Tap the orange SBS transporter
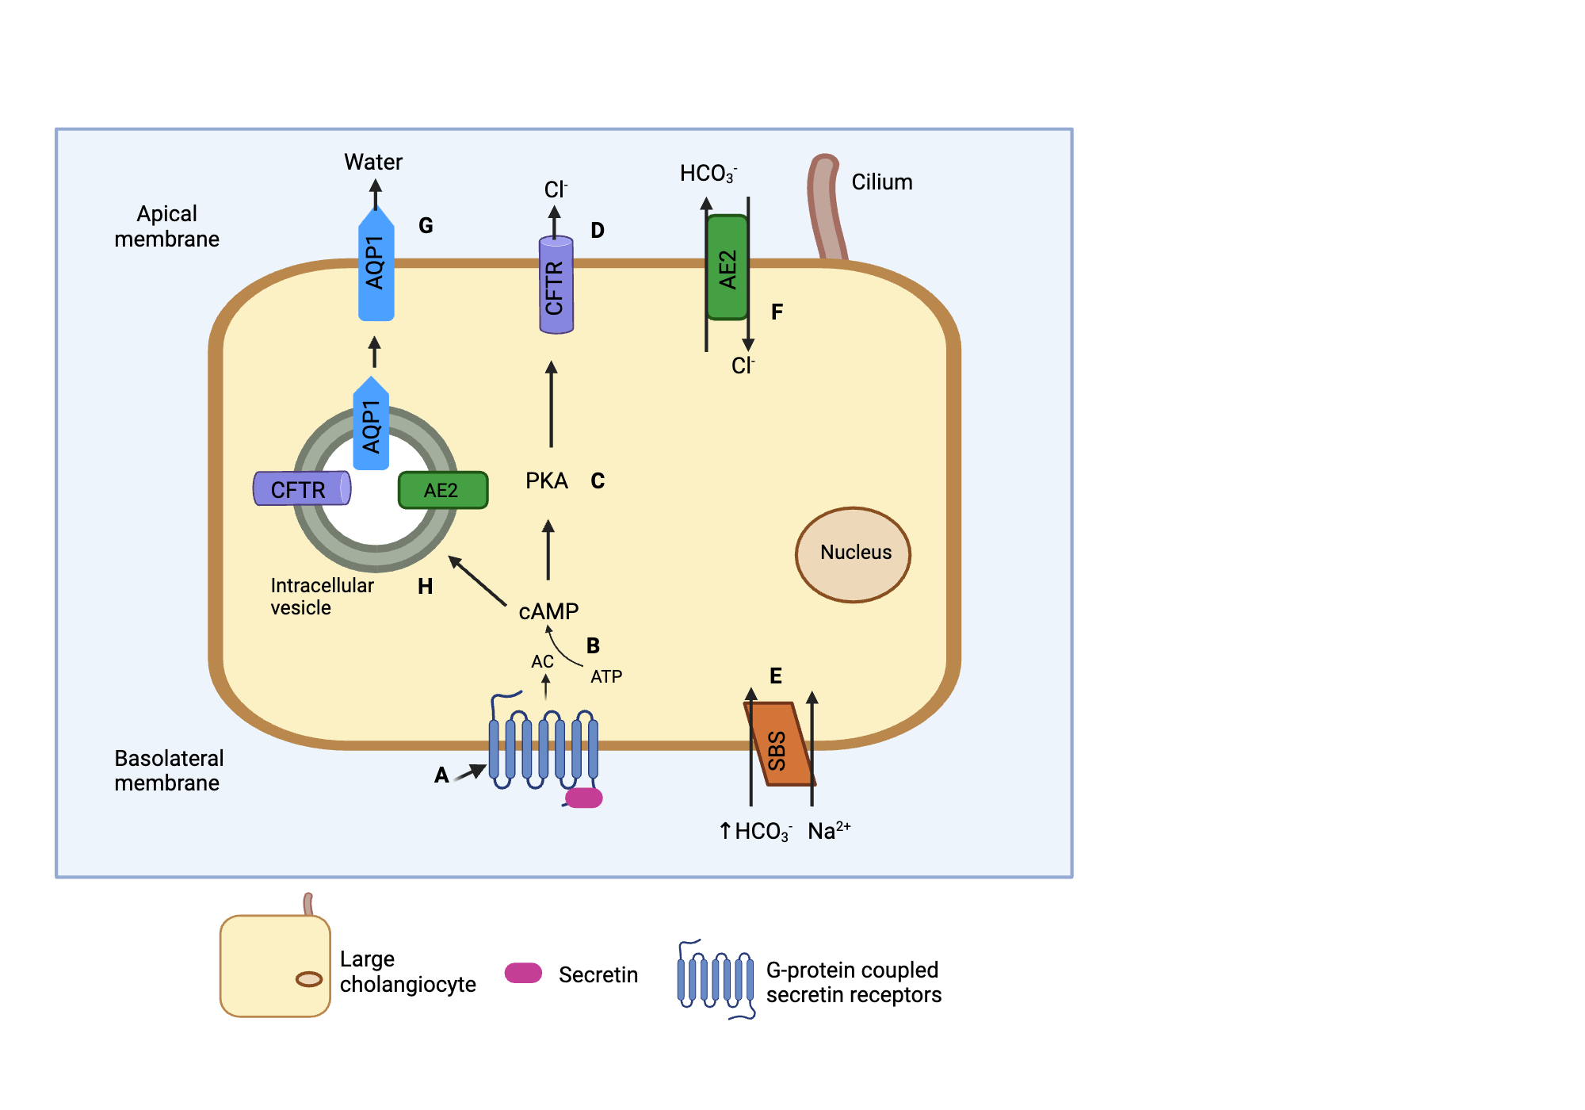point(779,745)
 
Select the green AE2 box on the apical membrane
point(728,268)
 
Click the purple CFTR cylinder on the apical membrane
point(556,285)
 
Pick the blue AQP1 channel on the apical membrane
point(376,266)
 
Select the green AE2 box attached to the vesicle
point(442,490)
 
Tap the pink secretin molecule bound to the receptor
point(585,798)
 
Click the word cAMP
point(548,611)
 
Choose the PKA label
point(546,480)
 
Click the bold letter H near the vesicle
point(425,586)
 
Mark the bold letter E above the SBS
point(775,676)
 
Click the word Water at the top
point(372,162)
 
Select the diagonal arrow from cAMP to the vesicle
point(477,580)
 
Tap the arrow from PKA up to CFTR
point(551,404)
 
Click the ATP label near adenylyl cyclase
point(606,676)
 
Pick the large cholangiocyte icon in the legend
point(275,964)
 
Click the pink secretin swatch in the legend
point(523,973)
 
